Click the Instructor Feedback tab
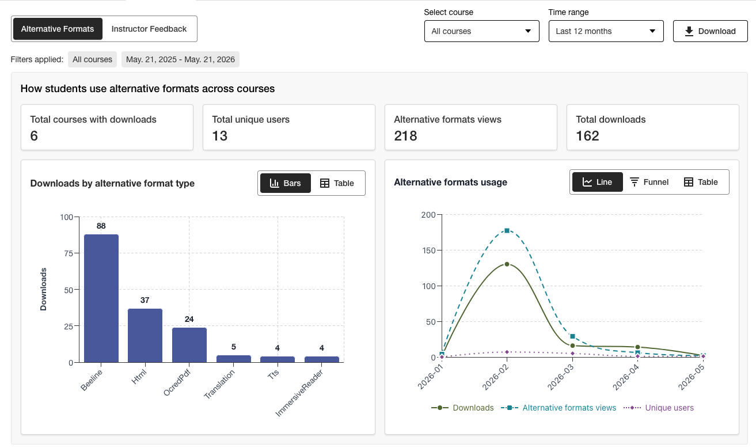coord(149,29)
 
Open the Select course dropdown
coord(481,31)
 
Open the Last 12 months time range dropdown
coord(606,31)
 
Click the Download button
coord(710,31)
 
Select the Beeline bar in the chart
coord(101,298)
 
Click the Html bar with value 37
coord(145,335)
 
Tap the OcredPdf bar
coord(189,345)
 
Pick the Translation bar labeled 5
coord(234,359)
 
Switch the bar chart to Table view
coord(337,183)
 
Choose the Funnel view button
coord(649,182)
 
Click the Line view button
coord(598,182)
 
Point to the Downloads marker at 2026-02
coord(507,264)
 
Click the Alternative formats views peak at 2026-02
coord(507,230)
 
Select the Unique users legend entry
coord(659,408)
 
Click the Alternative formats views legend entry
coord(559,408)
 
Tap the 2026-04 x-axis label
coord(626,377)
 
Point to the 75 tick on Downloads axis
coord(69,253)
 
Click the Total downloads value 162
coord(587,136)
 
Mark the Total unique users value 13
coord(220,136)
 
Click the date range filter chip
coord(180,59)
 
